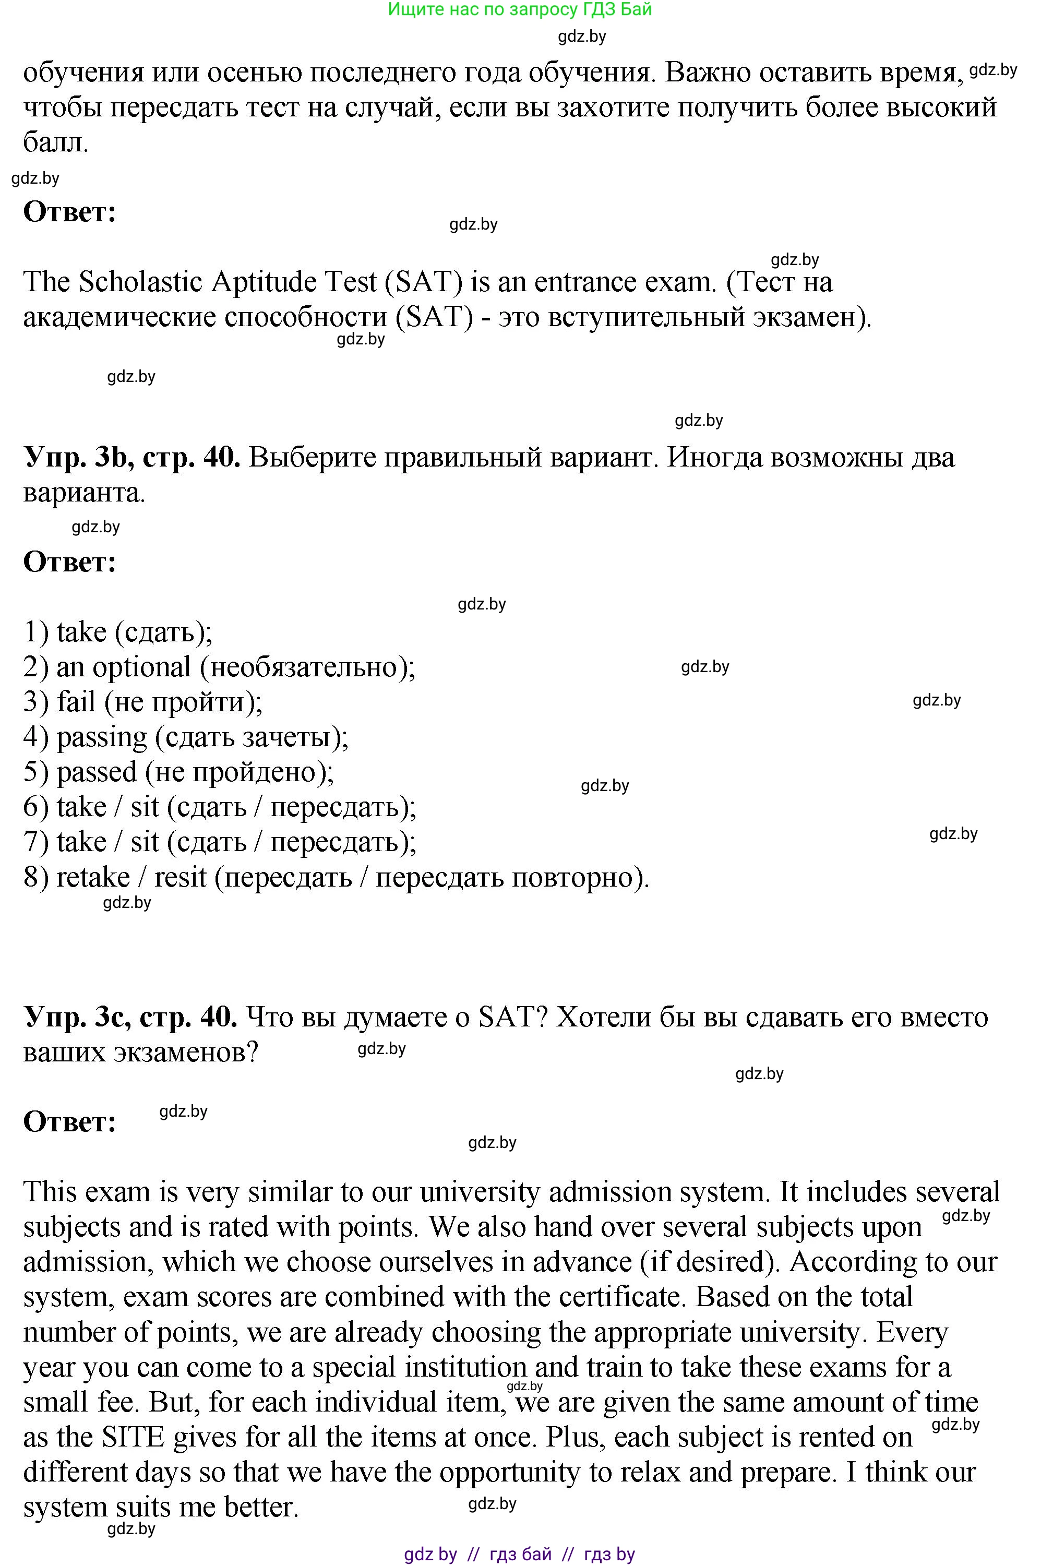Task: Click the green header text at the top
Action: click(519, 9)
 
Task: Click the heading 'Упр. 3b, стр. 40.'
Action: click(131, 458)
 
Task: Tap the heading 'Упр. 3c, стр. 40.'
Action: click(130, 1017)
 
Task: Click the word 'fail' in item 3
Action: click(76, 702)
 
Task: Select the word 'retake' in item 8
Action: click(93, 878)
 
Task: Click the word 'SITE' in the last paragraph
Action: click(132, 1437)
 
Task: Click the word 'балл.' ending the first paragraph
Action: click(55, 143)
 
